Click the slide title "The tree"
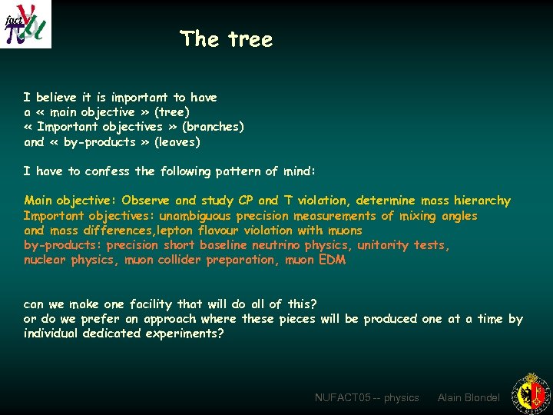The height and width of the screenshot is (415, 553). (226, 39)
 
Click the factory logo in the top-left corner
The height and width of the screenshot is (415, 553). (26, 24)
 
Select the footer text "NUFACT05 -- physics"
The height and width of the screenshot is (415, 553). (367, 397)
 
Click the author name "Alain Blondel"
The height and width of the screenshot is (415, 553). (469, 397)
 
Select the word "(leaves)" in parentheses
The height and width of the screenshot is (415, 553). (177, 142)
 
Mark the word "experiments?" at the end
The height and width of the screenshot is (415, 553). (186, 334)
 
